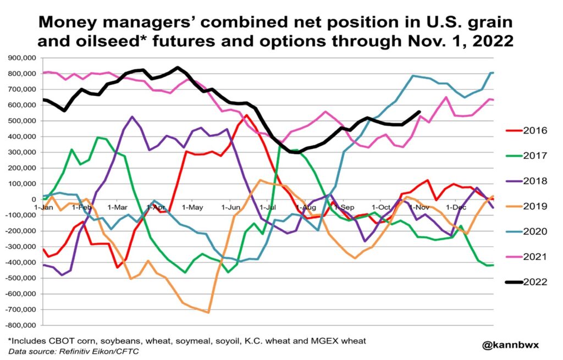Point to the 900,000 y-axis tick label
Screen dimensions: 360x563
tap(21, 58)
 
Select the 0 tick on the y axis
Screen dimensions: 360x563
tap(35, 200)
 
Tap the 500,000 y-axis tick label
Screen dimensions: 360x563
tap(21, 121)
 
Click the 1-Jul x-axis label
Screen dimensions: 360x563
tap(269, 207)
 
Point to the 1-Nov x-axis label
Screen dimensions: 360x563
tap(420, 207)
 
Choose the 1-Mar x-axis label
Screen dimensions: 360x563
tap(118, 207)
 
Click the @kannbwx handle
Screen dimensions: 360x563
tap(511, 345)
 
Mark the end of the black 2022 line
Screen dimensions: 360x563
tap(420, 112)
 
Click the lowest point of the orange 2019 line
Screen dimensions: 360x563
tap(208, 312)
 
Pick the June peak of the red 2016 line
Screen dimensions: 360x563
tap(247, 115)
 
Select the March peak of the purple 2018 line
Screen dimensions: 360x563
tap(132, 117)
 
